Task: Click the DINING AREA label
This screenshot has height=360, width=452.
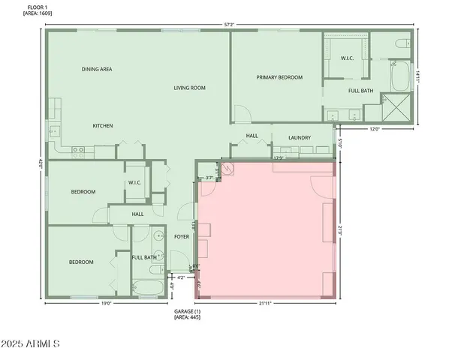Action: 97,69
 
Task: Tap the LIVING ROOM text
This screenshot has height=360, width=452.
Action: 190,88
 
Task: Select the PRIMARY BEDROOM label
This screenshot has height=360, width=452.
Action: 279,77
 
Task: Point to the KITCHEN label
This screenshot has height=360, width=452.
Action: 103,125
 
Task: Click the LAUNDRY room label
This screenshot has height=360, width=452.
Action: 300,137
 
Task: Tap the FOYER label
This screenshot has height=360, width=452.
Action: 182,237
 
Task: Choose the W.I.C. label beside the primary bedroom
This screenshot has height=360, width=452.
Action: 347,58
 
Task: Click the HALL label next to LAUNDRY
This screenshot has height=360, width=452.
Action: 252,136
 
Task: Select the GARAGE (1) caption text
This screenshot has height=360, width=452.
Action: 187,311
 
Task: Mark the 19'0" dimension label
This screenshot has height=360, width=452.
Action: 106,304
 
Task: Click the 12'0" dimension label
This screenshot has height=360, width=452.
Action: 375,128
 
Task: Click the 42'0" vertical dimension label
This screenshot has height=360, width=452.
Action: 39,164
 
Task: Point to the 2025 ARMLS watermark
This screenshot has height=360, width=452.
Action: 30,343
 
